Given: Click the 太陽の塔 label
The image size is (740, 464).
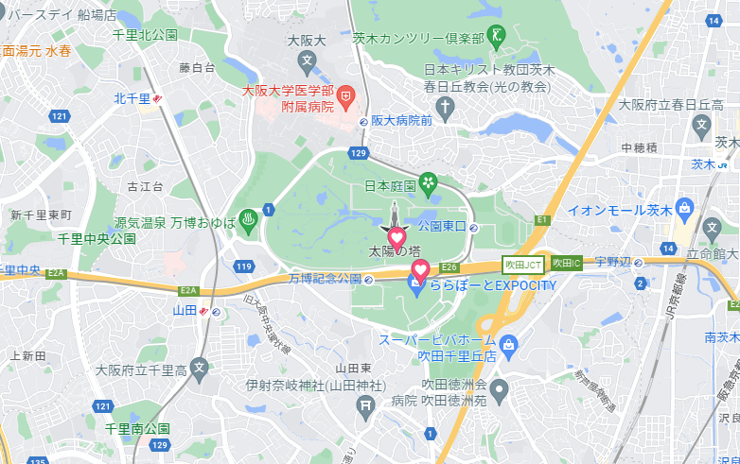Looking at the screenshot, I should [394, 252].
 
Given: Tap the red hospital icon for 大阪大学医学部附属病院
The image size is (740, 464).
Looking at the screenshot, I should [346, 95].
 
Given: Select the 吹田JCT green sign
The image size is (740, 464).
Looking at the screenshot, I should [522, 264].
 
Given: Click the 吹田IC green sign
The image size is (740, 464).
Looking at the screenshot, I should [566, 263].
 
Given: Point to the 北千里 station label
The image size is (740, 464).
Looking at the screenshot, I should [132, 98].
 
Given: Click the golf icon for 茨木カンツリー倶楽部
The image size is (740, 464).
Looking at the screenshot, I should [498, 37].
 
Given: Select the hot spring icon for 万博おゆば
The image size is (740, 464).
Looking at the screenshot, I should [249, 219].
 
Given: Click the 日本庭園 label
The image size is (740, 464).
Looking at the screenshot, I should [390, 185].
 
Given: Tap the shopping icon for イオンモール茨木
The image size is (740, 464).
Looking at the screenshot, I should [686, 209].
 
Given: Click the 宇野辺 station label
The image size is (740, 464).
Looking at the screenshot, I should [612, 262].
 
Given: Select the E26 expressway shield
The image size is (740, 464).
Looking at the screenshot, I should [449, 266].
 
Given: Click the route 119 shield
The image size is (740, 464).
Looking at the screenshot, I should [244, 267].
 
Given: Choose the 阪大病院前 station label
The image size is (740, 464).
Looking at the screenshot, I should [401, 121].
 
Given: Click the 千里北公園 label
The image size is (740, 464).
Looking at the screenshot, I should [145, 35].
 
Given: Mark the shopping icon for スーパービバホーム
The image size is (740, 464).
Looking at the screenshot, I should [509, 343].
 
